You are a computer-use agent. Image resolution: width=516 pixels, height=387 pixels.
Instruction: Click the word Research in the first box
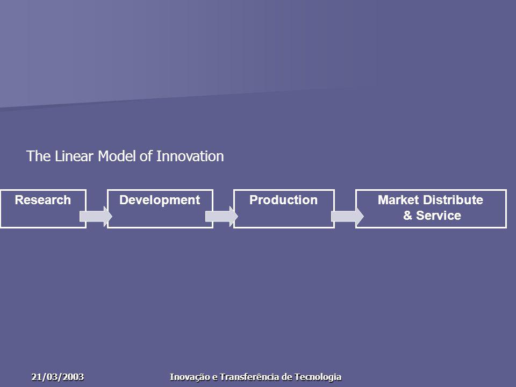tap(43, 200)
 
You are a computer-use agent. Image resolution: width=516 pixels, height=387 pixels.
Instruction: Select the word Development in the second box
tap(160, 200)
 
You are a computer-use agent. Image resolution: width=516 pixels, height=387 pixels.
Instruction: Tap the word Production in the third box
tap(283, 200)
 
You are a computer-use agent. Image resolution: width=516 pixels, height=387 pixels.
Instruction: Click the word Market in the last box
tap(398, 200)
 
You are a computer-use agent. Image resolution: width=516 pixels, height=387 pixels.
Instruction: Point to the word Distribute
tap(453, 200)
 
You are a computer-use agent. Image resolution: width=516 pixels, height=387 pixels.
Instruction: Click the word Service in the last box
tap(439, 216)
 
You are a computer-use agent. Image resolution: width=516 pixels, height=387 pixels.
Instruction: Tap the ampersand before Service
tap(407, 216)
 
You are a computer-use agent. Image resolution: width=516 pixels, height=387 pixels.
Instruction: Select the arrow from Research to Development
tap(96, 217)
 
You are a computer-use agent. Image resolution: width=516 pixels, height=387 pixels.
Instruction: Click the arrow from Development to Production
tap(221, 217)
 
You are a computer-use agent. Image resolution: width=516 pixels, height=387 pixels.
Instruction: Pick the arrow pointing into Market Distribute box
tap(347, 217)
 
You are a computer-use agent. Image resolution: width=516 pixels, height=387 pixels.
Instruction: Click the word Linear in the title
tap(74, 156)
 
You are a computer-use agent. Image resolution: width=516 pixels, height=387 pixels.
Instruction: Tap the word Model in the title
tap(117, 156)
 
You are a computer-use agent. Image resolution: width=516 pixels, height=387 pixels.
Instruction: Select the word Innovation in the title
tap(190, 156)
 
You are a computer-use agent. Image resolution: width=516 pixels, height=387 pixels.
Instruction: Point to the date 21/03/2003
tap(58, 377)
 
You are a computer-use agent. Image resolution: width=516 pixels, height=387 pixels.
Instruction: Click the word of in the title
tap(146, 156)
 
